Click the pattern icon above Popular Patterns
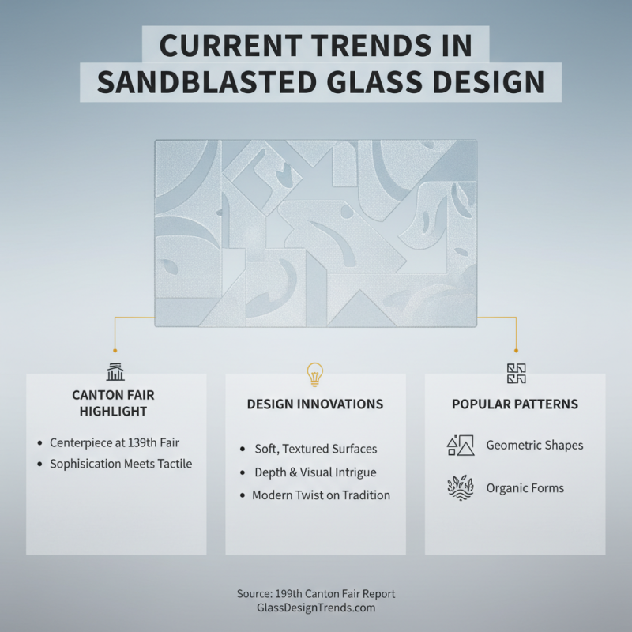pos(515,373)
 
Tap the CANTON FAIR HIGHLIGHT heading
pos(115,403)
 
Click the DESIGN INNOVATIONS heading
pos(315,404)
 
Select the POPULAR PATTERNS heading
pos(515,404)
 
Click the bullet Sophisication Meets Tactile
pos(121,464)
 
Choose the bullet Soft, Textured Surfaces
pos(315,449)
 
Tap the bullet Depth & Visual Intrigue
pos(315,472)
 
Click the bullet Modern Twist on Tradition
pos(321,495)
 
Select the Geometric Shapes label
pos(535,446)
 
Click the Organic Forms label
pos(525,487)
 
